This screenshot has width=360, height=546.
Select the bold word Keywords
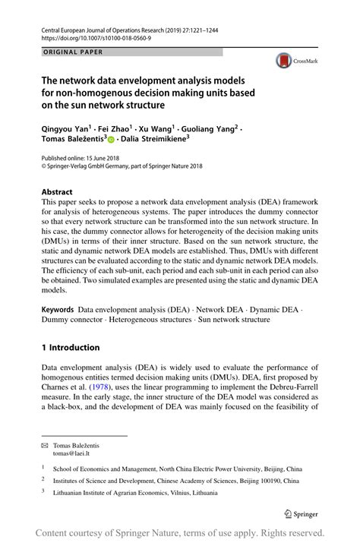(x=58, y=309)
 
